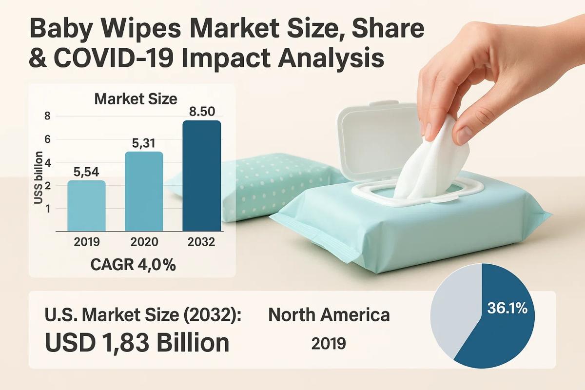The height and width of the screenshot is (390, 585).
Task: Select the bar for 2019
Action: click(86, 205)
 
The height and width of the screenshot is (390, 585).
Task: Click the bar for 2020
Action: click(144, 191)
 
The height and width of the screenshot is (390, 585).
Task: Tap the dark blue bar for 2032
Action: click(201, 175)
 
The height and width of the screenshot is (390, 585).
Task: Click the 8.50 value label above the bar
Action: click(202, 111)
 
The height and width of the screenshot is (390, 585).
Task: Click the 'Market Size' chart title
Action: click(136, 99)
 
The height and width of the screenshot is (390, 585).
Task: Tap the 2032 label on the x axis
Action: click(202, 242)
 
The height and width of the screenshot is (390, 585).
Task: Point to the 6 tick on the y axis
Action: click(48, 139)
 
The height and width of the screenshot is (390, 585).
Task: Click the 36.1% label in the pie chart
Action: click(507, 309)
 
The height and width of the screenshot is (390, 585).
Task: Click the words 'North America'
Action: click(329, 315)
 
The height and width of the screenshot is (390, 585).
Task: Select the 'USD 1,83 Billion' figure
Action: click(137, 343)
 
